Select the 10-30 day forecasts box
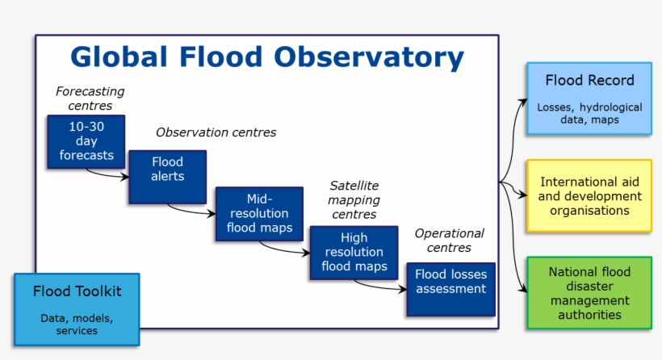tap(86, 141)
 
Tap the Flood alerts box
tap(167, 175)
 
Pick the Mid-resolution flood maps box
tap(258, 214)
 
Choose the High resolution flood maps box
tap(354, 253)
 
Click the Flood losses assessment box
tap(450, 287)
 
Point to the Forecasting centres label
tap(90, 98)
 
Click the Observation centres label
tap(216, 132)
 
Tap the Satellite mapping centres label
tap(354, 200)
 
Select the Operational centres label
tap(449, 241)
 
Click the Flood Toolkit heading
tap(77, 291)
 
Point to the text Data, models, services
tap(77, 324)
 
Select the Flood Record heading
tap(589, 81)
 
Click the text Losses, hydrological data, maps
tap(589, 113)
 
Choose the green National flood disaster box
tap(589, 293)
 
